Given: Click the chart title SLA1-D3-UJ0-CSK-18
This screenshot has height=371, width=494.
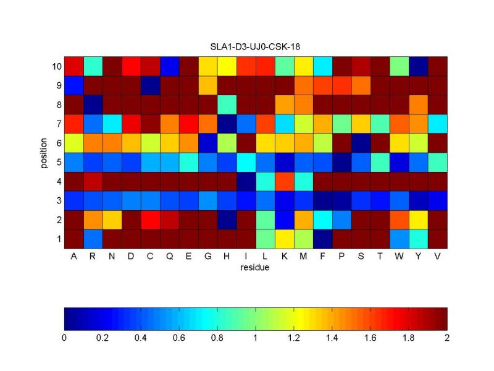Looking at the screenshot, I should point(256,46).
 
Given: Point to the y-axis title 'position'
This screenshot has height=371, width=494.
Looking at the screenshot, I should point(44,152).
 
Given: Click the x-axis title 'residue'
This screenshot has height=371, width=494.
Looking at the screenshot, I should point(256,269).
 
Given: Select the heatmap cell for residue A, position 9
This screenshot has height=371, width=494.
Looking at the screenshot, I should point(73,85).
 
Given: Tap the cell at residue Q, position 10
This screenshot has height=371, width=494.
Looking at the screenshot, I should point(169,66).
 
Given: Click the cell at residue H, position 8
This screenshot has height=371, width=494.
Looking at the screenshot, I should point(227,104).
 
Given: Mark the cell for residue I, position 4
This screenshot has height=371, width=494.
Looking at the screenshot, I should point(246,181).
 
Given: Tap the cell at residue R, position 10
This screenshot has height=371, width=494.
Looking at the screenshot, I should point(93,66).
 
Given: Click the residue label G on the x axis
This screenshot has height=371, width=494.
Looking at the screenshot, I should point(207,257).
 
